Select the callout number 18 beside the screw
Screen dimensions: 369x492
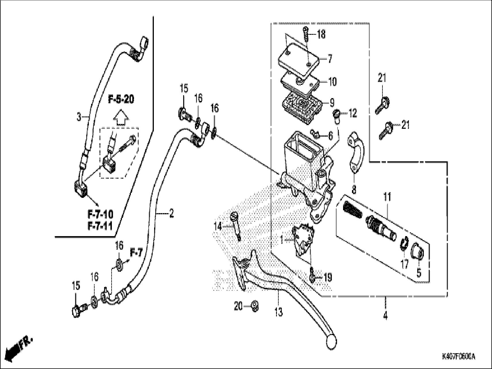[321, 35]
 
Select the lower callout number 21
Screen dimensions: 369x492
[405, 125]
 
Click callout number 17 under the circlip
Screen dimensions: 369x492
[404, 264]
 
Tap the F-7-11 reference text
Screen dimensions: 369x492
[100, 226]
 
